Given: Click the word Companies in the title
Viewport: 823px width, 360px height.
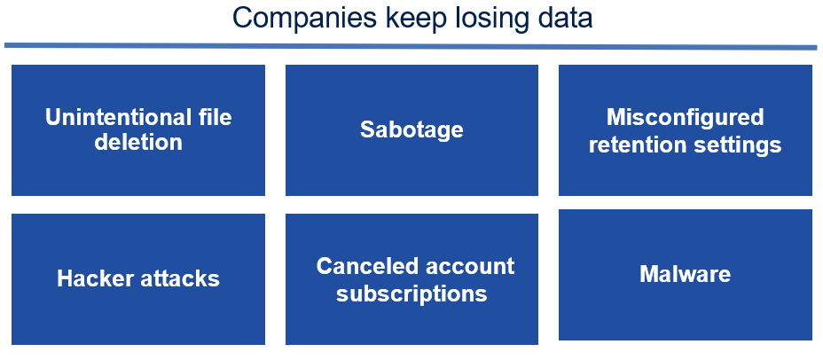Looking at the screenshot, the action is click(x=304, y=18).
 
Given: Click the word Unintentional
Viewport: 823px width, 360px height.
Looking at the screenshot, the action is click(x=115, y=117).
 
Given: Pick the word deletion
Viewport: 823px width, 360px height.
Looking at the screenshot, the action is click(x=138, y=142).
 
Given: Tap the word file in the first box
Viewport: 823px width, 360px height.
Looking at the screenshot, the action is click(x=212, y=117).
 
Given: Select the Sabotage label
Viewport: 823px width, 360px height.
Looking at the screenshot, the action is click(x=411, y=129).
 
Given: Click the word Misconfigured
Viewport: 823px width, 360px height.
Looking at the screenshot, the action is click(x=685, y=118).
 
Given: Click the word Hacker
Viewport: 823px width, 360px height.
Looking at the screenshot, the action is click(x=94, y=278).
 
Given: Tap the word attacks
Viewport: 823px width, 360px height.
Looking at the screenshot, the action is click(x=179, y=278).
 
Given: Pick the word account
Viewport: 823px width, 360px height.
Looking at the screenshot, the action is click(x=469, y=267).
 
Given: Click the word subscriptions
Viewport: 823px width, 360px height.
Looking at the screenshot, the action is click(x=411, y=294).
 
